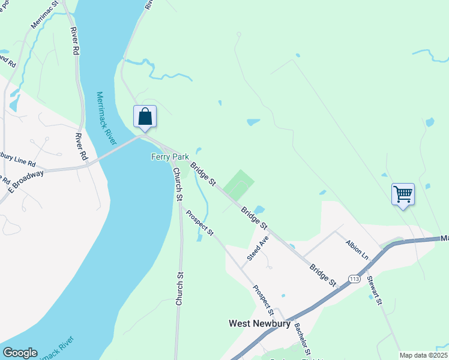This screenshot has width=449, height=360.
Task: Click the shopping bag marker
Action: pyautogui.click(x=145, y=116)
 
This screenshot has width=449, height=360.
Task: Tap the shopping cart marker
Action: pyautogui.click(x=403, y=194)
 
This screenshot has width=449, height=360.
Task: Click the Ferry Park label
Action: pyautogui.click(x=169, y=157)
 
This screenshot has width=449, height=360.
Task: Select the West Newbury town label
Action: pyautogui.click(x=259, y=323)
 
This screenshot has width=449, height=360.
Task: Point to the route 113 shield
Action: pyautogui.click(x=354, y=278)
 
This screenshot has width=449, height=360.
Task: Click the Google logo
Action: pyautogui.click(x=20, y=353)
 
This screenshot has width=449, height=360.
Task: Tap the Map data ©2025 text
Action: pyautogui.click(x=423, y=355)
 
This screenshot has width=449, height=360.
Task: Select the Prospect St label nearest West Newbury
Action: pyautogui.click(x=263, y=300)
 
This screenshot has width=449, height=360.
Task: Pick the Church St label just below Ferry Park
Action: pyautogui.click(x=177, y=181)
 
